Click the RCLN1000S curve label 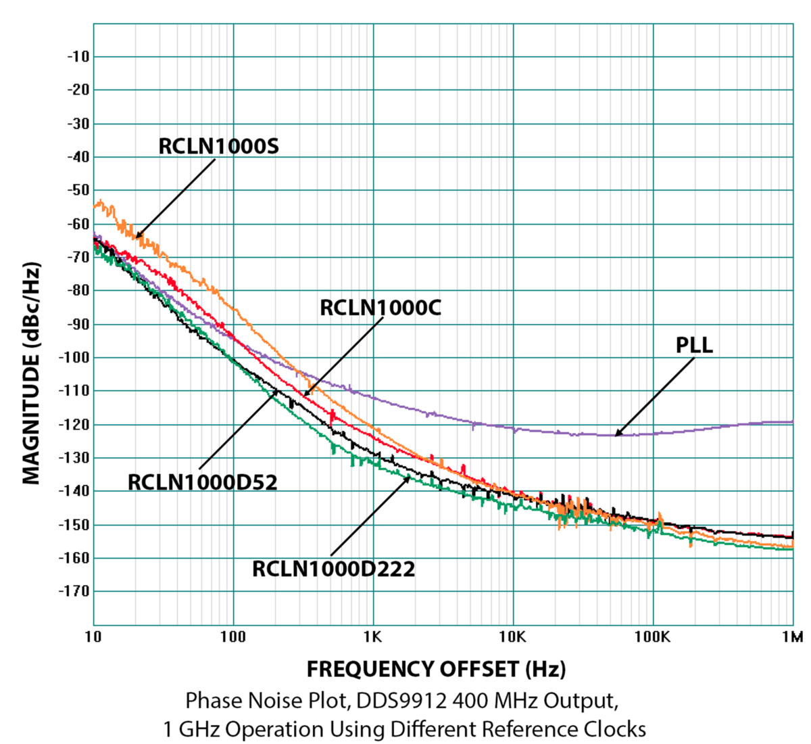[x=218, y=146]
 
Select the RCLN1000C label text [x=380, y=308]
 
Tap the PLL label [x=694, y=345]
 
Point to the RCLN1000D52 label [x=203, y=482]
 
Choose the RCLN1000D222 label [x=333, y=569]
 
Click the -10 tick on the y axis [x=78, y=57]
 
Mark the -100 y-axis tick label [x=75, y=357]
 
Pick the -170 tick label [x=75, y=591]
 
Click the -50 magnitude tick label [x=78, y=190]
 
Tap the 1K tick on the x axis [x=373, y=637]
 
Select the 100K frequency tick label [x=653, y=637]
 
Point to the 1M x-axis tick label [x=792, y=637]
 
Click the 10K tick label [x=513, y=637]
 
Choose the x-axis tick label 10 [x=93, y=637]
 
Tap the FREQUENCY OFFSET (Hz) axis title [x=436, y=669]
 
